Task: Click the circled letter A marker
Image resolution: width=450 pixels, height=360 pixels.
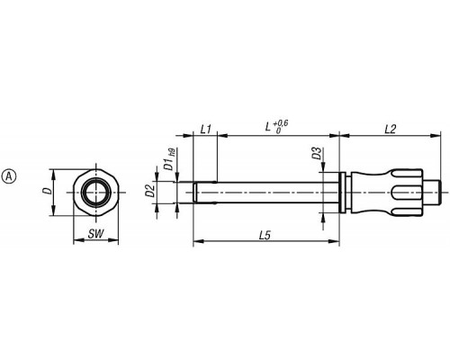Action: pyautogui.click(x=9, y=176)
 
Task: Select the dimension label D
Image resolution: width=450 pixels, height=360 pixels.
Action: pyautogui.click(x=47, y=191)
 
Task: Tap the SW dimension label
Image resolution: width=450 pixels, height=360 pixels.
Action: pyautogui.click(x=95, y=234)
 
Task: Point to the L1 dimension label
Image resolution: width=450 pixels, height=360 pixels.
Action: pyautogui.click(x=205, y=130)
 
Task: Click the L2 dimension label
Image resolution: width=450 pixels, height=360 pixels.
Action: pyautogui.click(x=391, y=130)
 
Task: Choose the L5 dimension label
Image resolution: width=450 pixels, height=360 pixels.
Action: pyautogui.click(x=265, y=236)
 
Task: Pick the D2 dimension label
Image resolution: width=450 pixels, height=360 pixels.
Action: pyautogui.click(x=150, y=191)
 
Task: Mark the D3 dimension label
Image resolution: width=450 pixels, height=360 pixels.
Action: pyautogui.click(x=317, y=153)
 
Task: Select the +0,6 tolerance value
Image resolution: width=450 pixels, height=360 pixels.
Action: pyautogui.click(x=281, y=123)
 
